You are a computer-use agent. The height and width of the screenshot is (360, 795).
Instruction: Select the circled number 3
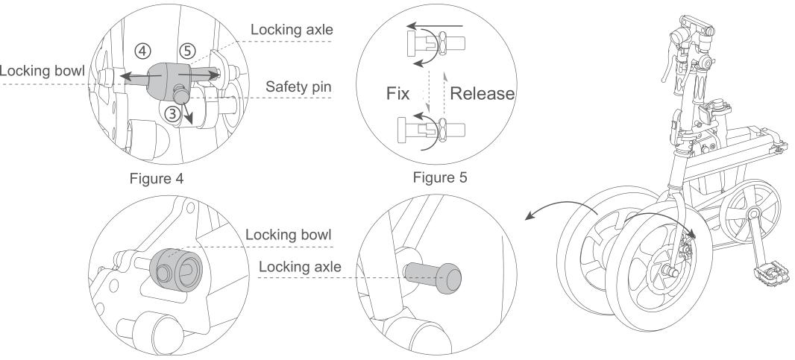(x=172, y=114)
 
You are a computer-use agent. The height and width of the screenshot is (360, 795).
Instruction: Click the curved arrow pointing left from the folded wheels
(x=556, y=211)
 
